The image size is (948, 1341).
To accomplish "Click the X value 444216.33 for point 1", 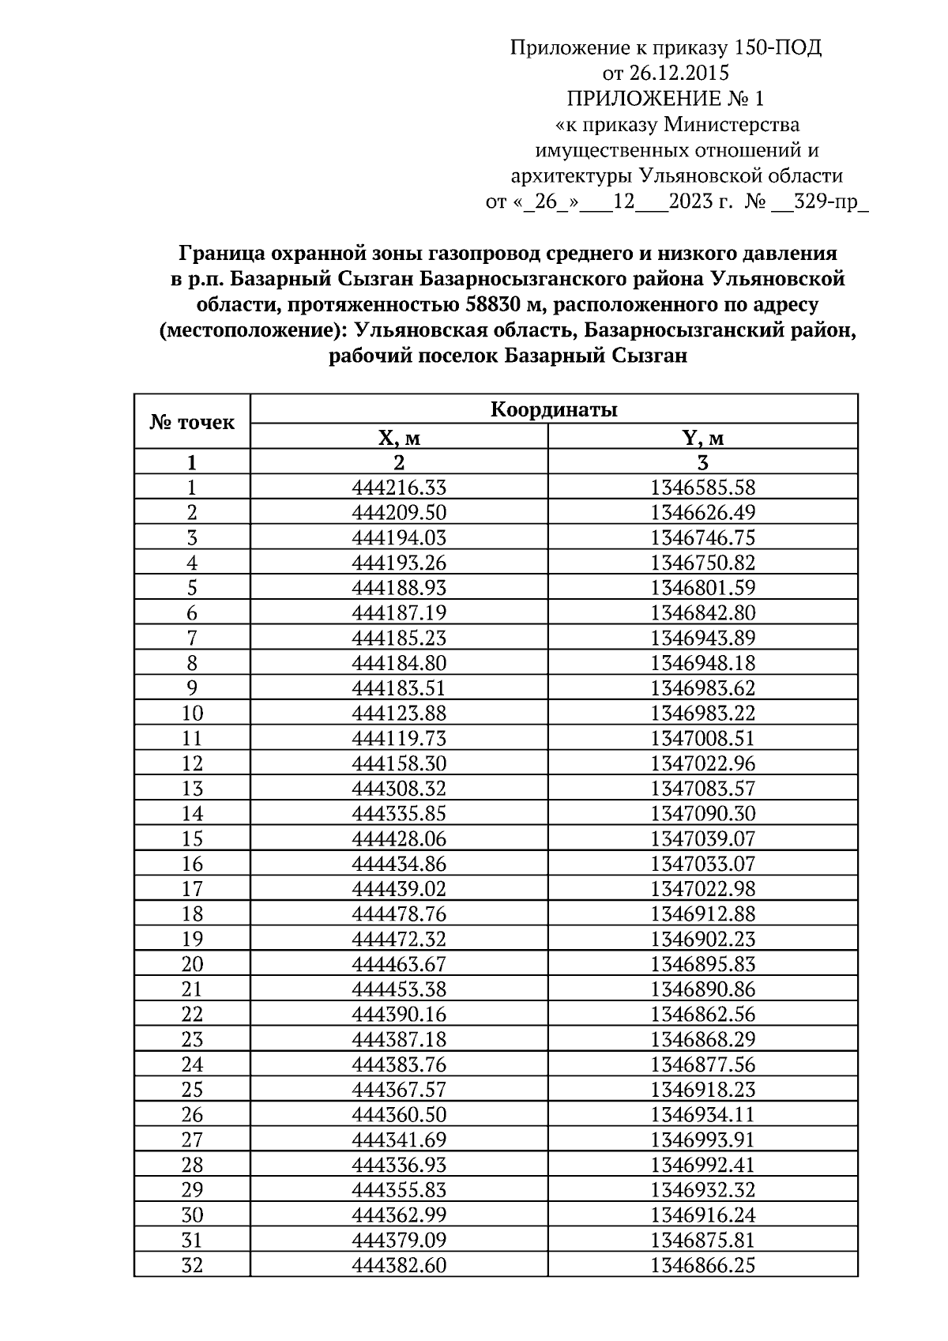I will coord(398,488).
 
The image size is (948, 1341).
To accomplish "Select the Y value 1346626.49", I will coord(702,513).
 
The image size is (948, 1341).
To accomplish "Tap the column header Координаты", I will coord(554,409).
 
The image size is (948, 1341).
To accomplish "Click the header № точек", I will coord(192,422).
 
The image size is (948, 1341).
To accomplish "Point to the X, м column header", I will coord(398,438).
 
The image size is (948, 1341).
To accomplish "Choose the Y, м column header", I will coord(702,438).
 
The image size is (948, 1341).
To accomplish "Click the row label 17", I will coord(192,889).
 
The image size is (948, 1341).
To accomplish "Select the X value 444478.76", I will coord(398,914).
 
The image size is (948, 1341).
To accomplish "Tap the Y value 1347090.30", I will coord(702,814).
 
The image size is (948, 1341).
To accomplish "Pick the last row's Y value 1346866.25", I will coord(702,1265).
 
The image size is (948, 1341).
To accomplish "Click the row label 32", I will coord(192,1265).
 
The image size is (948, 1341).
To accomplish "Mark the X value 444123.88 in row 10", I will coord(398,714).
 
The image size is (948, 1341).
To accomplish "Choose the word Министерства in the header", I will coord(732,125).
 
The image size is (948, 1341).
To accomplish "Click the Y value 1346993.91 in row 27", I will coord(702,1139).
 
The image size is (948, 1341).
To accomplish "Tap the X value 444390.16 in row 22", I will coord(398,1015).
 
